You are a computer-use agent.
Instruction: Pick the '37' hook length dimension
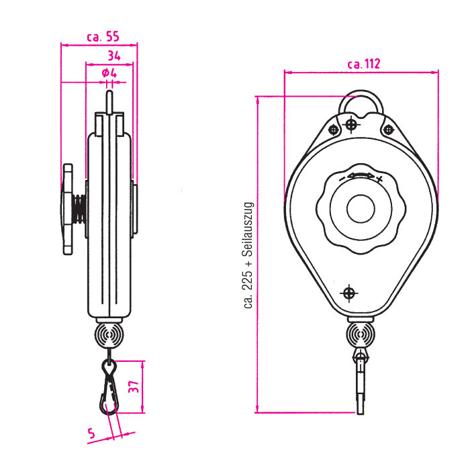pos(152,387)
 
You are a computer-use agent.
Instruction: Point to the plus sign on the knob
pos(379,179)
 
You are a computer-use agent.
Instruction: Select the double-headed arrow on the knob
pos(361,175)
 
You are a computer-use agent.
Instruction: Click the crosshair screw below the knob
pos(348,293)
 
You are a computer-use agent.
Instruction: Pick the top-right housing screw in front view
pos(387,129)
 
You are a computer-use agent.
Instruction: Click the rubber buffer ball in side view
pos(109,334)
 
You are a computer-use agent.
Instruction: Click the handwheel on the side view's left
pos(67,209)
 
